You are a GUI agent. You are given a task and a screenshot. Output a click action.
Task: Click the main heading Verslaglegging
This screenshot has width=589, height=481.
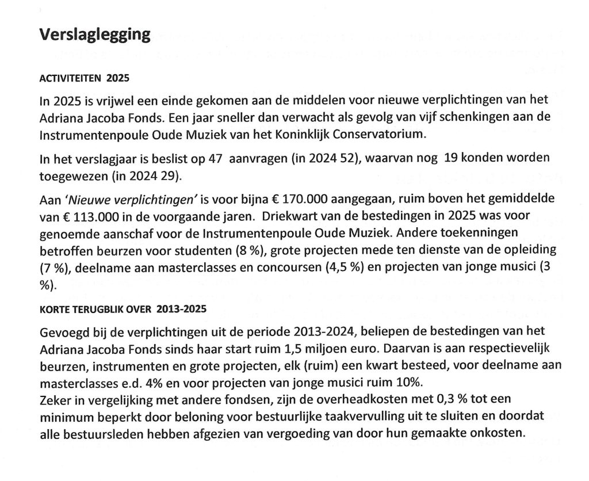click(x=95, y=35)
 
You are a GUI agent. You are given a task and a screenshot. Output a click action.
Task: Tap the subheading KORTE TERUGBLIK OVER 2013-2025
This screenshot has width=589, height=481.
click(x=123, y=308)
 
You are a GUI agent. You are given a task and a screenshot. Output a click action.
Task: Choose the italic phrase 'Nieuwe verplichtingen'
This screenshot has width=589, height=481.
click(x=133, y=198)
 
